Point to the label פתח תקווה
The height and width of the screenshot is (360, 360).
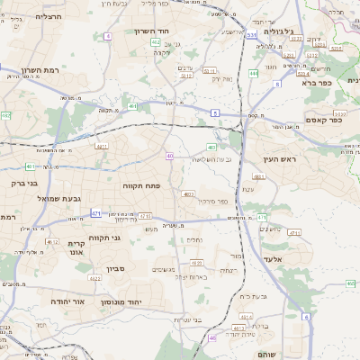141,184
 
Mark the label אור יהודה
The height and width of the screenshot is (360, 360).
67,300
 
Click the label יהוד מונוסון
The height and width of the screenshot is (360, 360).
125,301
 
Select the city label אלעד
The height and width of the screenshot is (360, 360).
274,258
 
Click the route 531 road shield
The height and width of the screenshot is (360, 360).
252,35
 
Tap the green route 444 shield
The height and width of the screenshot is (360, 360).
254,74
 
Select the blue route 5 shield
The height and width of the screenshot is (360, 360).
215,112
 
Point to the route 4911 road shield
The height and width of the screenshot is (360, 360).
101,145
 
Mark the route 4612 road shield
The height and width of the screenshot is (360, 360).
51,241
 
